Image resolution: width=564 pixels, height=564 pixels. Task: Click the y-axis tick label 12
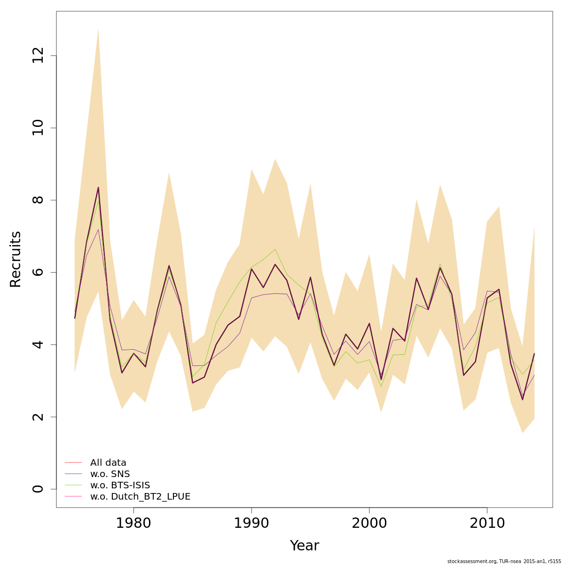(38, 56)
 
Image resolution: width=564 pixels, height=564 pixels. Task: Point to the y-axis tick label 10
(38, 128)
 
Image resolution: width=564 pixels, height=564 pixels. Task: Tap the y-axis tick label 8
(38, 200)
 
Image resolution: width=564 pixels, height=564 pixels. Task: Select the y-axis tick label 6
(38, 272)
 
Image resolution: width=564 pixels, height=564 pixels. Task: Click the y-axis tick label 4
(38, 345)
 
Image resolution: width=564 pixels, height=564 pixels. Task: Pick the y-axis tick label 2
(38, 417)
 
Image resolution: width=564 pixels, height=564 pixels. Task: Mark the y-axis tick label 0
(38, 489)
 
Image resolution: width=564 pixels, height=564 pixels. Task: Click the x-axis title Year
(304, 546)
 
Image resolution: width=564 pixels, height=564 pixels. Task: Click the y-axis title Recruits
(16, 259)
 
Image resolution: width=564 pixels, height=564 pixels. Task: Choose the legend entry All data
(108, 462)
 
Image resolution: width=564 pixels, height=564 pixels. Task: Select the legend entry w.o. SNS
(110, 474)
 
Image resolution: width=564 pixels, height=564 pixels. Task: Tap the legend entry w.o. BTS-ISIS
(120, 485)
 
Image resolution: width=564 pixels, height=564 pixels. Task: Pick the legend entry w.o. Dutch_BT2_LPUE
(140, 496)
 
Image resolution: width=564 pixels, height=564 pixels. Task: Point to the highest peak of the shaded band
(98, 29)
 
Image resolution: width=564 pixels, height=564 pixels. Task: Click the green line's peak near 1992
(275, 249)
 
